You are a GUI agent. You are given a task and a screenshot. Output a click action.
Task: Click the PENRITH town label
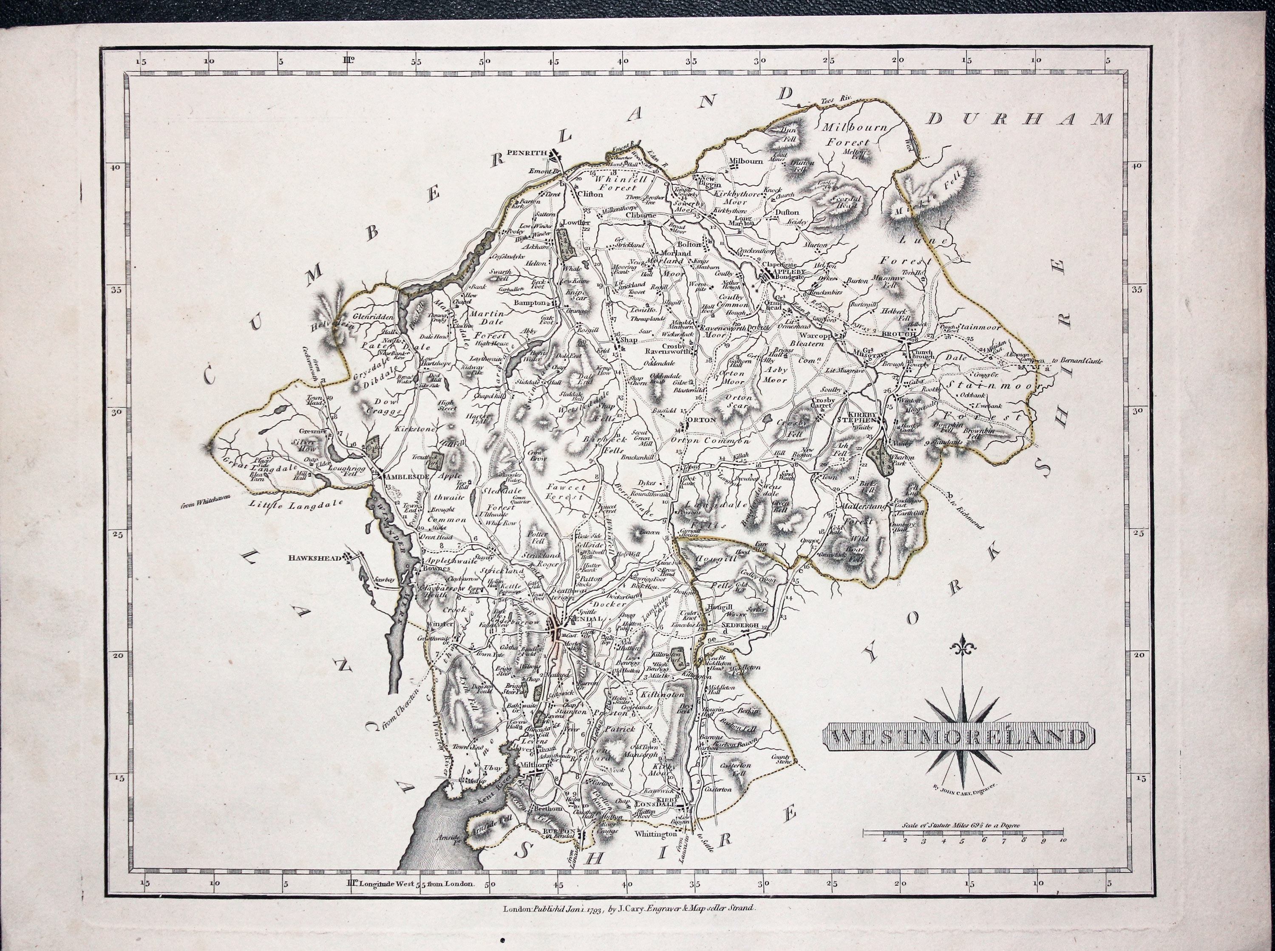[x=526, y=153]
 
